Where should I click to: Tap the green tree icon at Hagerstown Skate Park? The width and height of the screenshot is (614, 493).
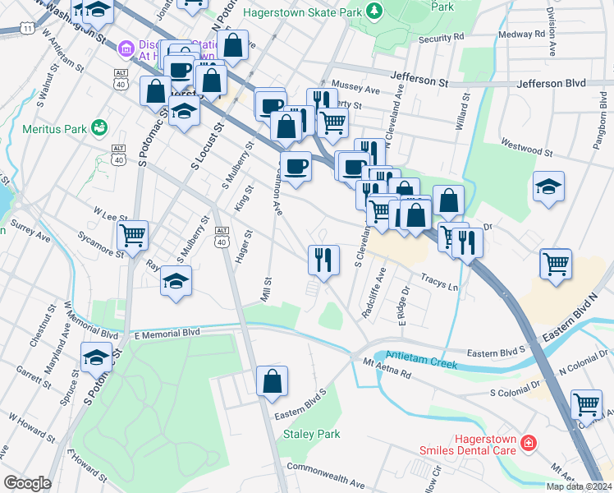(373, 10)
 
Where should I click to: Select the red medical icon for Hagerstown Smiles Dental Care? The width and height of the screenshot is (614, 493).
(529, 444)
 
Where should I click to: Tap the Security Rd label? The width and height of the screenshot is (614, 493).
(441, 38)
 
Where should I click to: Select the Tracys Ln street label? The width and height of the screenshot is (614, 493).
(440, 282)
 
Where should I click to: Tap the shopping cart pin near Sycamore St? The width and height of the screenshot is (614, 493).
(132, 235)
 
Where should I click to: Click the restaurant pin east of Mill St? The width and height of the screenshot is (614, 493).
(323, 260)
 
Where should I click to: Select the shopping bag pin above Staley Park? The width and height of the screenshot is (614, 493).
(272, 381)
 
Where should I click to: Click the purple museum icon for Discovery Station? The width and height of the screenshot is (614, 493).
(126, 50)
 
